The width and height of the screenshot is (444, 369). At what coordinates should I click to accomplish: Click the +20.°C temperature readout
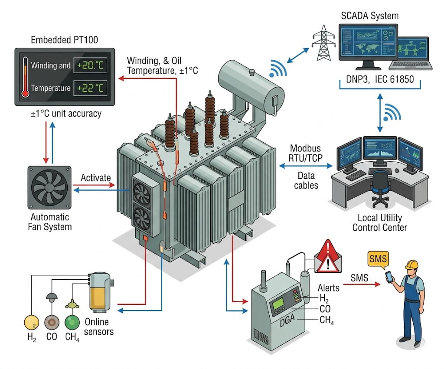(x=90, y=66)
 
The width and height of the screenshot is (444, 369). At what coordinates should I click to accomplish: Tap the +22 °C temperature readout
(x=90, y=88)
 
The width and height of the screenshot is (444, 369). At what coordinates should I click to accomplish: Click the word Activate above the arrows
(x=95, y=178)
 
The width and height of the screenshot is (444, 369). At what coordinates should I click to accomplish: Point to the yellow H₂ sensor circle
(x=31, y=323)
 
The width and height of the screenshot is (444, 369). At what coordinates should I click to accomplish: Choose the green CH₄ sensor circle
(x=72, y=323)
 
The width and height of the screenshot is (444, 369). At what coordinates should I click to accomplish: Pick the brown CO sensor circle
(x=52, y=323)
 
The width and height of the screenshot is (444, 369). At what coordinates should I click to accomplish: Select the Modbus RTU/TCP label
(x=306, y=153)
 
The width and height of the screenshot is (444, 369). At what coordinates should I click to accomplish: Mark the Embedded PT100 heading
(x=65, y=40)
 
